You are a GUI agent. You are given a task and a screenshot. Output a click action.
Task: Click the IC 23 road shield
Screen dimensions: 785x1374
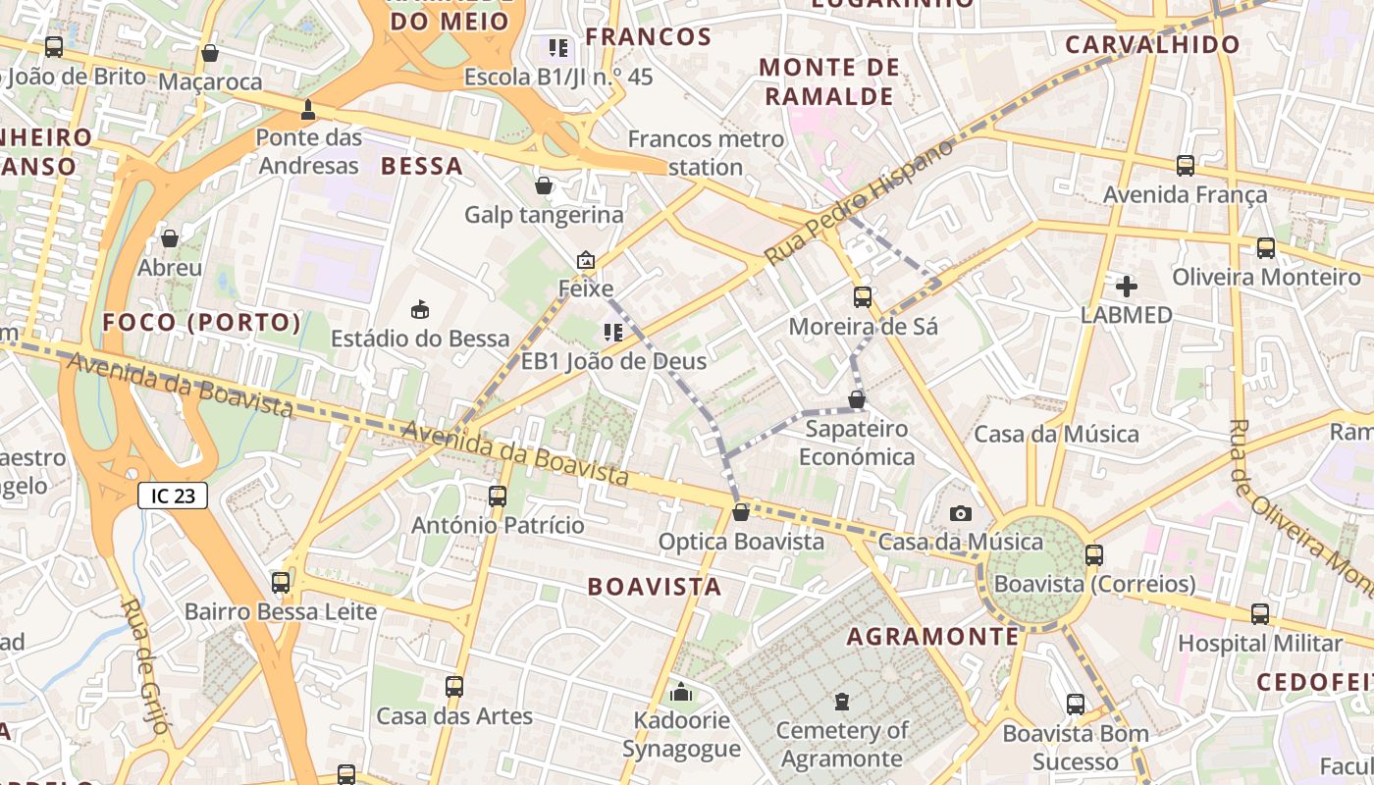pyautogui.click(x=173, y=496)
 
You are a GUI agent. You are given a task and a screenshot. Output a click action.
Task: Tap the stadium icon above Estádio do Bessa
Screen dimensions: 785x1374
pyautogui.click(x=420, y=309)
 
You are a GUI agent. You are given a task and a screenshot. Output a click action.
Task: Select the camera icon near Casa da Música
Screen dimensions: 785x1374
pyautogui.click(x=961, y=513)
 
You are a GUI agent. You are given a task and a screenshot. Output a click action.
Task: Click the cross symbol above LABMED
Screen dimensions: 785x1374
pyautogui.click(x=1127, y=287)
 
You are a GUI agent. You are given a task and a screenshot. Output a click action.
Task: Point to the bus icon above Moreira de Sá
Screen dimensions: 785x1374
pyautogui.click(x=863, y=296)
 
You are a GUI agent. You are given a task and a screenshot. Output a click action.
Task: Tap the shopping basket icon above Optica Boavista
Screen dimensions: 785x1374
pyautogui.click(x=741, y=512)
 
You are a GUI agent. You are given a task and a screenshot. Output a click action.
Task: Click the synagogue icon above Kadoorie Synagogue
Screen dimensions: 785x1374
pyautogui.click(x=681, y=693)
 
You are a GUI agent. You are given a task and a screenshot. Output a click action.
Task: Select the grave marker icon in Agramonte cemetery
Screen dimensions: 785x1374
pyautogui.click(x=841, y=702)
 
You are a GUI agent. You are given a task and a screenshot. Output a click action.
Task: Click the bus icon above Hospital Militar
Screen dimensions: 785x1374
pyautogui.click(x=1260, y=614)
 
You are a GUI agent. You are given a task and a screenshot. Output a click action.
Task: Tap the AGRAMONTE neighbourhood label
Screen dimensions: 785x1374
pyautogui.click(x=933, y=637)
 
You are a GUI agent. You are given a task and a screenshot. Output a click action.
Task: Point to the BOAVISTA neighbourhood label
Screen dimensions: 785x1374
pyautogui.click(x=655, y=587)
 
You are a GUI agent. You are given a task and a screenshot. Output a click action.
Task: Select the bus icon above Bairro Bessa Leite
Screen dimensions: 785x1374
pyautogui.click(x=281, y=583)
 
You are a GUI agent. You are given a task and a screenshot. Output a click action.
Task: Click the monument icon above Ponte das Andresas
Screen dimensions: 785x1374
pyautogui.click(x=308, y=109)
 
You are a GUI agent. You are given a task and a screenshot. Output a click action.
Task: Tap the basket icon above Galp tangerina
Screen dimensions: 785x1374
pyautogui.click(x=544, y=185)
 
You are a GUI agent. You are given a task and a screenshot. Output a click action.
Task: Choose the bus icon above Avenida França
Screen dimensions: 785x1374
pyautogui.click(x=1186, y=166)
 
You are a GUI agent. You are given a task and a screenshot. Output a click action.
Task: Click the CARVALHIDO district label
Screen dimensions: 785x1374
pyautogui.click(x=1152, y=44)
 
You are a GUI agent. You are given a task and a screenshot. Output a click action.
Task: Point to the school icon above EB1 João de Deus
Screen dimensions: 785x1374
pyautogui.click(x=613, y=333)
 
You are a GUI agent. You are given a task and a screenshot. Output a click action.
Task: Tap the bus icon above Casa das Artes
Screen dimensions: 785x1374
pyautogui.click(x=453, y=687)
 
